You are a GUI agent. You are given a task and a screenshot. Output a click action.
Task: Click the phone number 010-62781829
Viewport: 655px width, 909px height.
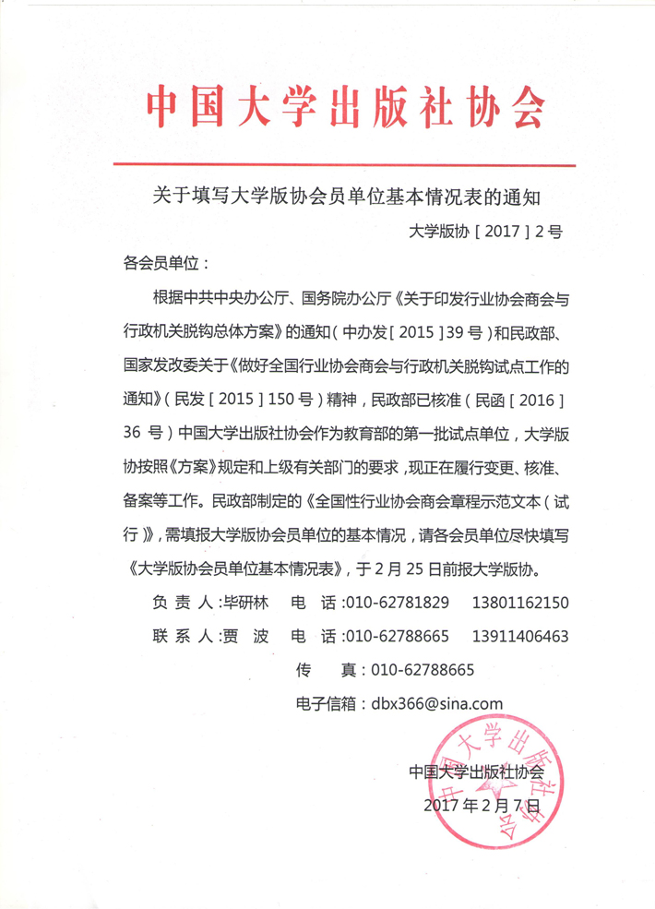397,604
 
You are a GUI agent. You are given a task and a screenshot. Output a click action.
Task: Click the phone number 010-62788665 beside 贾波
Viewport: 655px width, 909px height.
397,637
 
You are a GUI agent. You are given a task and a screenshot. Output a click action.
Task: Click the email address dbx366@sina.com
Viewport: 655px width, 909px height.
436,702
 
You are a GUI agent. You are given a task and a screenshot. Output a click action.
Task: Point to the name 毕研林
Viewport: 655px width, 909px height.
245,604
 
